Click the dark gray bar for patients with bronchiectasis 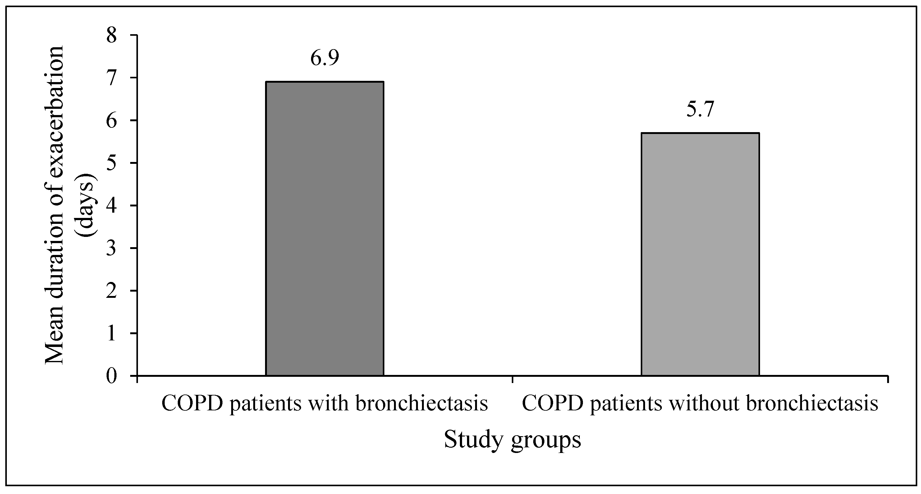pyautogui.click(x=324, y=229)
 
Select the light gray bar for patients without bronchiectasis pyautogui.click(x=700, y=254)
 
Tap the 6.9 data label pyautogui.click(x=324, y=58)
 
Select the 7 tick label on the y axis pyautogui.click(x=112, y=78)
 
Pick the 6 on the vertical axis pyautogui.click(x=112, y=121)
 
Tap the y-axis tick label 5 pyautogui.click(x=112, y=164)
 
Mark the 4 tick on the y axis pyautogui.click(x=112, y=206)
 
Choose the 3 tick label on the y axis pyautogui.click(x=112, y=249)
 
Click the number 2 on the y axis pyautogui.click(x=112, y=291)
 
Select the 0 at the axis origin pyautogui.click(x=112, y=376)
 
